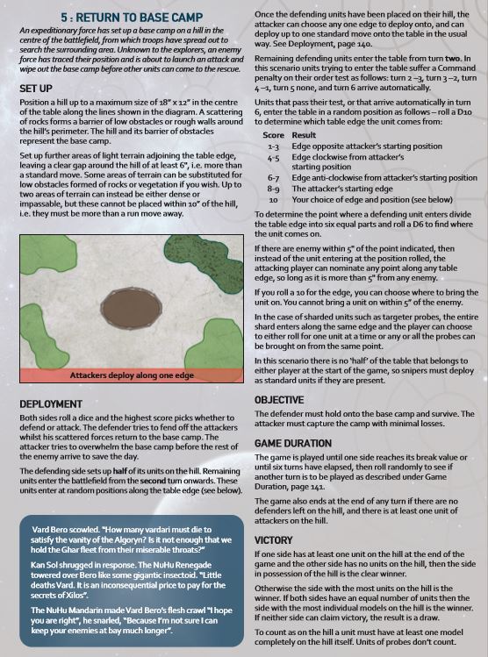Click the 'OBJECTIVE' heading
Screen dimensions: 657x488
coord(279,399)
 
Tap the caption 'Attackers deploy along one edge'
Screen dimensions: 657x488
coord(132,375)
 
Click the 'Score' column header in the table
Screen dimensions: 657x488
coord(273,136)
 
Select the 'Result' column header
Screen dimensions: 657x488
coord(304,136)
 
